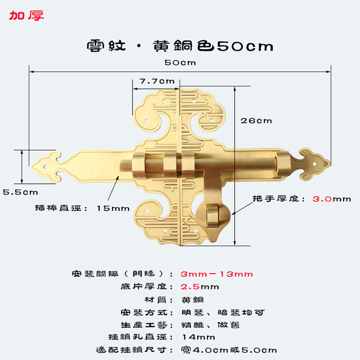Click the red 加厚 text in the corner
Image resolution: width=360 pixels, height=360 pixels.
click(26, 15)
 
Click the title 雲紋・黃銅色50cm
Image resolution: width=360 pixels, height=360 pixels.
click(180, 46)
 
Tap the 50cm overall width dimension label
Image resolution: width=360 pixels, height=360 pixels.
click(180, 63)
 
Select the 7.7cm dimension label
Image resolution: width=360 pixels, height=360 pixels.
click(157, 81)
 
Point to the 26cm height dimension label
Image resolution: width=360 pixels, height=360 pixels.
click(256, 120)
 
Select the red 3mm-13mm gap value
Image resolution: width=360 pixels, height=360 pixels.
click(216, 274)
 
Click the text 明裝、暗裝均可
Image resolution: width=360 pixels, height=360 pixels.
click(223, 312)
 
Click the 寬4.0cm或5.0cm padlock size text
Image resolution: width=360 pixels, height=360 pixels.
click(229, 350)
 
